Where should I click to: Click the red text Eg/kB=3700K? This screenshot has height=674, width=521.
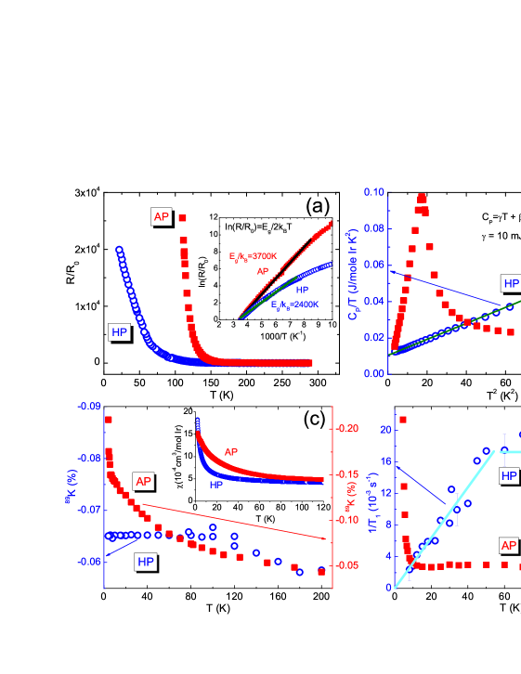coord(253,255)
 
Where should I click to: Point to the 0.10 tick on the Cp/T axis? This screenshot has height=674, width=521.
coord(373,192)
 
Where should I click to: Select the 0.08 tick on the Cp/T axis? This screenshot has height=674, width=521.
coord(373,228)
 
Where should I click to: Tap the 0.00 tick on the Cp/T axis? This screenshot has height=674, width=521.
coord(373,373)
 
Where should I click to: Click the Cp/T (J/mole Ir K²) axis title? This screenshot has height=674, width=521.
coord(353,284)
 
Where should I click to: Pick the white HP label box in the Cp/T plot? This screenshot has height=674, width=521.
coord(511,283)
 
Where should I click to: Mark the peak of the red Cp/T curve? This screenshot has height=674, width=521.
coord(422,197)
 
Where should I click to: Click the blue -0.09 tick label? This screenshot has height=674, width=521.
coord(89,407)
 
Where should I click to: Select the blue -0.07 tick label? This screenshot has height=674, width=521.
coord(89,510)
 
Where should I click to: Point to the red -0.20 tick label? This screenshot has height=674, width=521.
coord(345,428)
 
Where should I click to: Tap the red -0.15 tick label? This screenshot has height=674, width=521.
coord(345,474)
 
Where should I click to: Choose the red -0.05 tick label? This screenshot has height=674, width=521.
coord(345,564)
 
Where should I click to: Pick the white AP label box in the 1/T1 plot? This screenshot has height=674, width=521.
coord(509,545)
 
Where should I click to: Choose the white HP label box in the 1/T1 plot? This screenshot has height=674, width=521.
coord(509,476)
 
